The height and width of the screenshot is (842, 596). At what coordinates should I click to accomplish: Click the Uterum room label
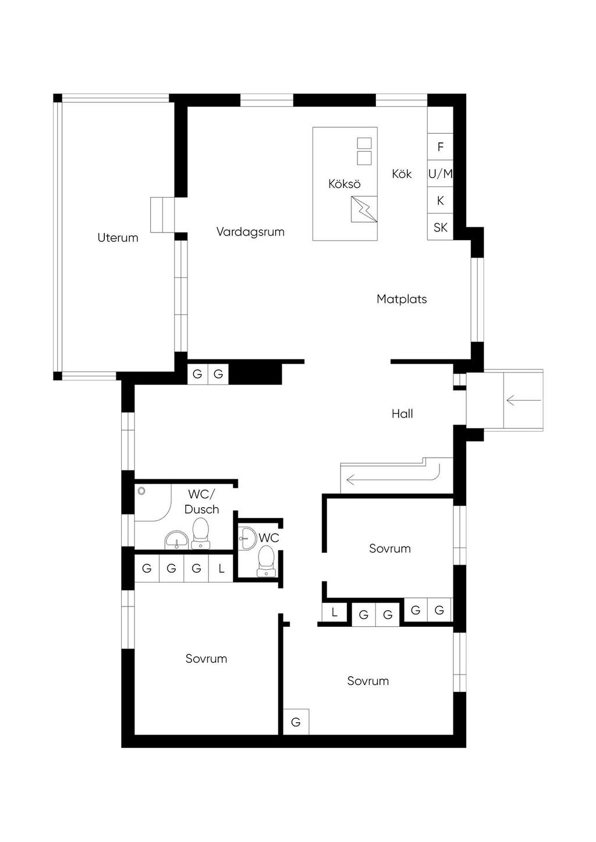coord(118,238)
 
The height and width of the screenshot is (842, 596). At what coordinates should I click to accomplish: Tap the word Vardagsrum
coord(250,231)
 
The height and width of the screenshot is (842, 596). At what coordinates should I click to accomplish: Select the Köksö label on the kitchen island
coord(345,183)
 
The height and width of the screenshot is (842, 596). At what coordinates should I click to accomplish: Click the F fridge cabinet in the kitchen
coord(440,147)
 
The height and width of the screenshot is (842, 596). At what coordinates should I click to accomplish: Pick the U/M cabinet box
coord(440,174)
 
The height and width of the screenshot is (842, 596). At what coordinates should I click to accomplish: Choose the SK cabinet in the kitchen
coord(440,227)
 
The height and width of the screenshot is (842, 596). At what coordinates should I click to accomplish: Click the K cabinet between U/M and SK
coord(440,201)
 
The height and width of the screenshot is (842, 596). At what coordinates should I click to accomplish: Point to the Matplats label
coord(402,299)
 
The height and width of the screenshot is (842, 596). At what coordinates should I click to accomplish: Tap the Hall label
coord(402,414)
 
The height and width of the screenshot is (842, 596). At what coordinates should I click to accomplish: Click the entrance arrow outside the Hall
coord(523,400)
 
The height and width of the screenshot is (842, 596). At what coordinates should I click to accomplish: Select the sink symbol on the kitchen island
coord(364,209)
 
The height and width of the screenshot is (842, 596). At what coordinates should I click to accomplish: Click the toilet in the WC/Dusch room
coord(201,533)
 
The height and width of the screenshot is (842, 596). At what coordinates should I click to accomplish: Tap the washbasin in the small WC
coord(247,538)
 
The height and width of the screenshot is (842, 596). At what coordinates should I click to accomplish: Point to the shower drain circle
coord(142,491)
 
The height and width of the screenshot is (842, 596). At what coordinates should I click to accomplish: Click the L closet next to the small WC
coord(221,568)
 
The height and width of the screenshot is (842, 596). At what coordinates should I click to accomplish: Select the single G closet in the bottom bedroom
coord(296,722)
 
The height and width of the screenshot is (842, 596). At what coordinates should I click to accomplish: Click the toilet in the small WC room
coord(266,561)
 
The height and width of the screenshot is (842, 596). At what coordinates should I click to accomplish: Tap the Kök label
coord(402,174)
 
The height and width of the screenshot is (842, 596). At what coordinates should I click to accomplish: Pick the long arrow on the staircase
coord(393,475)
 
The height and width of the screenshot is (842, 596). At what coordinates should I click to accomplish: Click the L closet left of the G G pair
coord(334,613)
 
